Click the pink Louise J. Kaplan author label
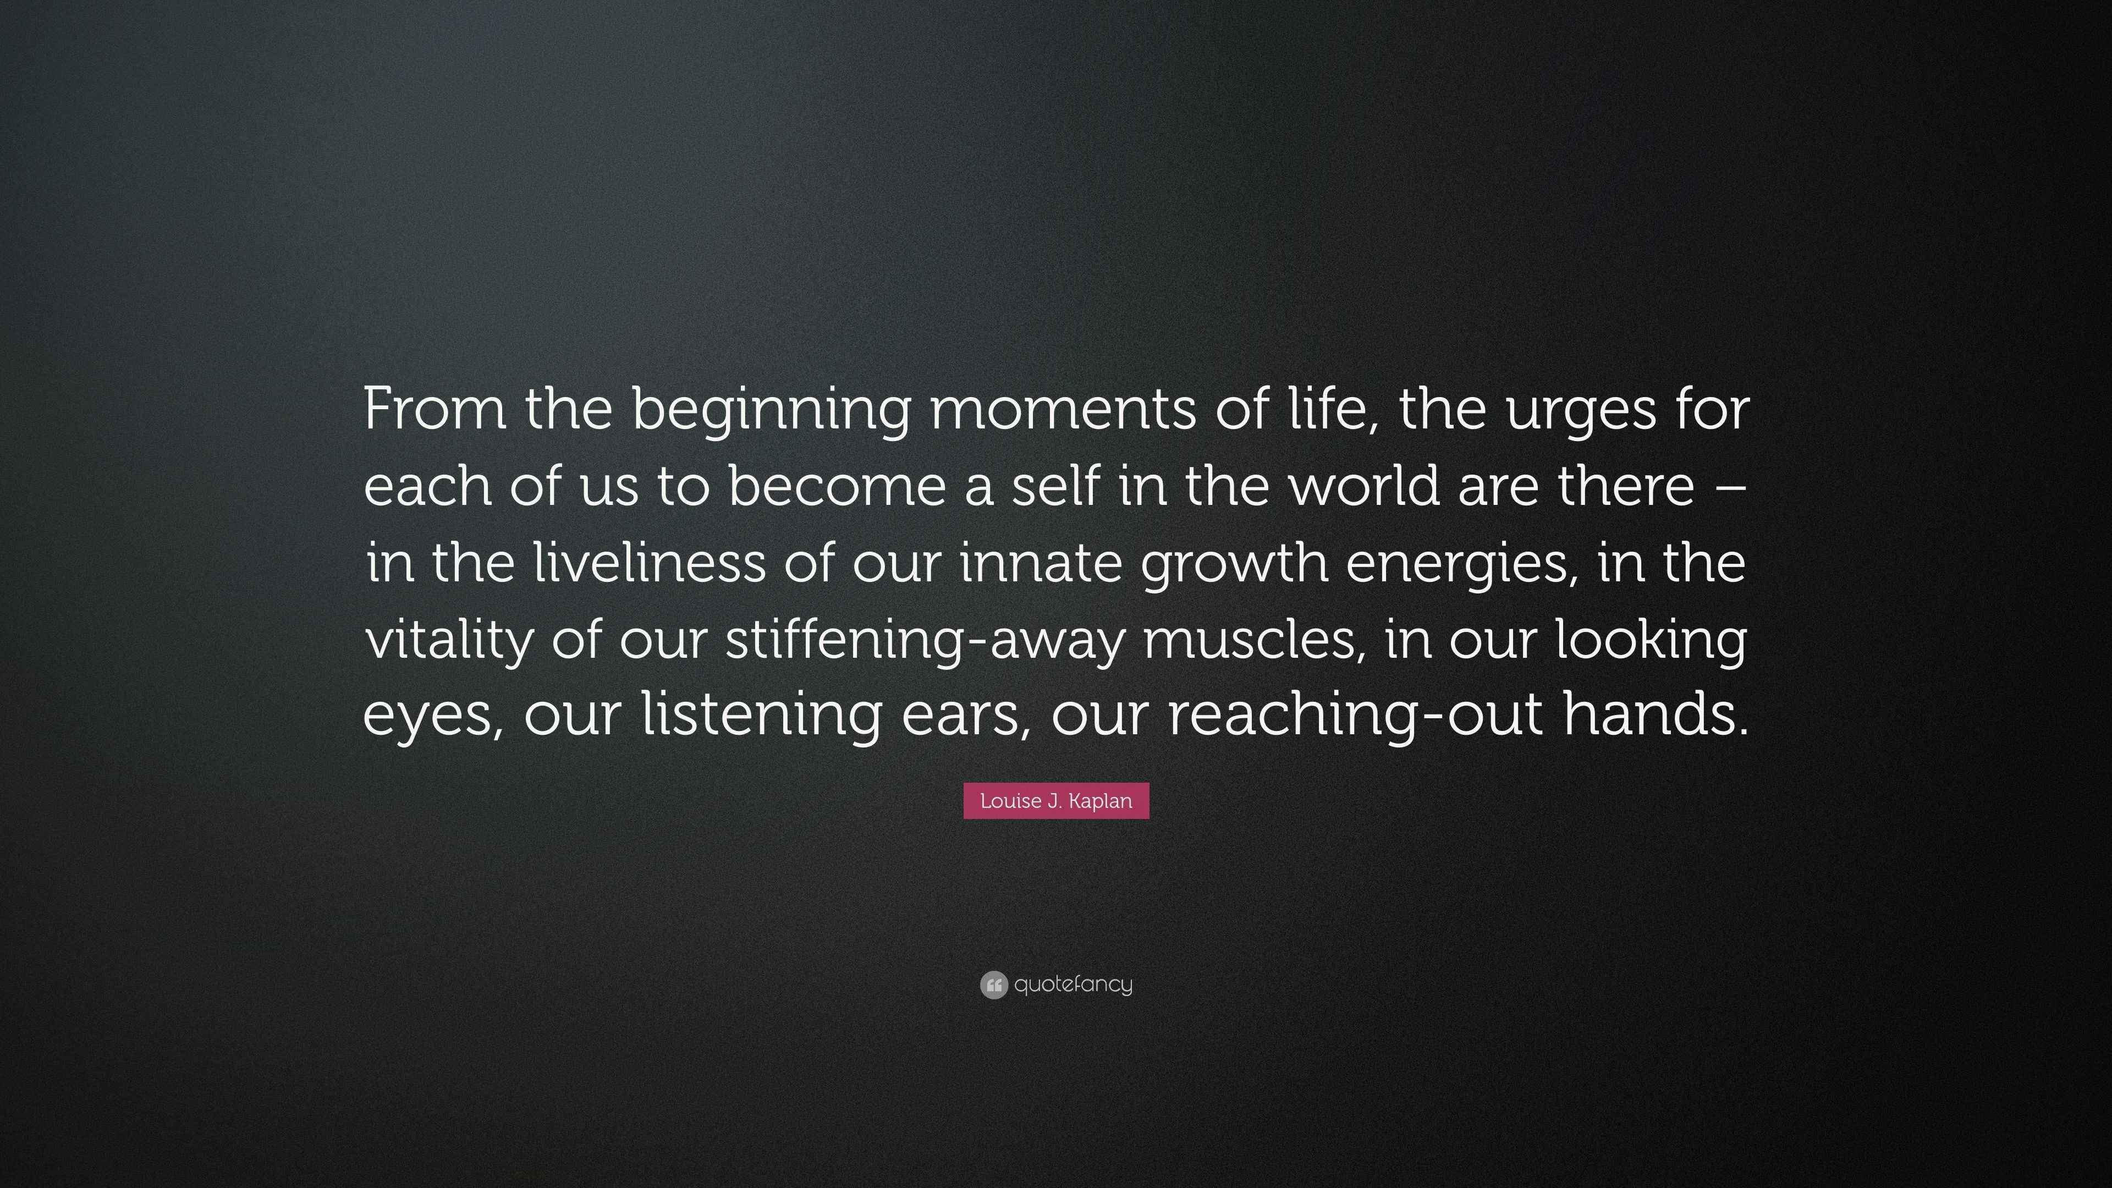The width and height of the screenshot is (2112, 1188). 1056,801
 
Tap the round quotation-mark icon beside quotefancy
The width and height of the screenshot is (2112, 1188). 994,985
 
